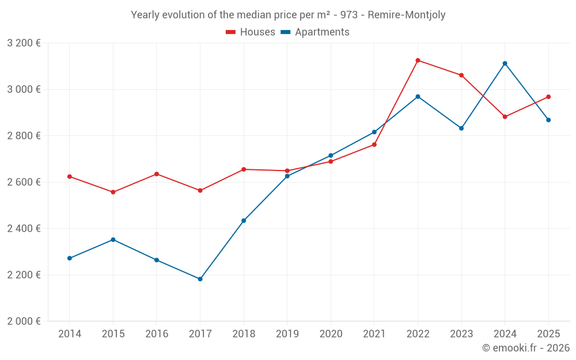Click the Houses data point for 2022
[418, 60]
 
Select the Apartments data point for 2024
[505, 63]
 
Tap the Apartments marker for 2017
[200, 279]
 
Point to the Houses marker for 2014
[70, 176]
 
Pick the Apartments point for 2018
[244, 221]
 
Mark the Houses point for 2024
[505, 117]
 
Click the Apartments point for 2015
[113, 240]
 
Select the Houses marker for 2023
[461, 75]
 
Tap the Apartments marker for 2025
[548, 120]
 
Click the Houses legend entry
[251, 32]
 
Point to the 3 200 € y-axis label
[24, 43]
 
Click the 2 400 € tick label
[24, 229]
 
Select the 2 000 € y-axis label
[24, 321]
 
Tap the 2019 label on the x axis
[287, 334]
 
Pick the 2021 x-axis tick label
[374, 334]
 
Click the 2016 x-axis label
[157, 334]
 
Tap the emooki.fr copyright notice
[525, 348]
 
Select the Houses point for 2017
[200, 190]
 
